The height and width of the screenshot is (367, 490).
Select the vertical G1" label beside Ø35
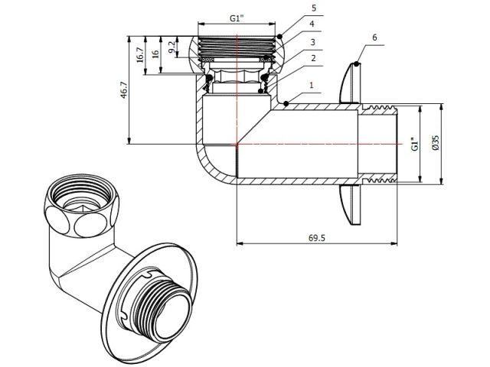[x=414, y=143]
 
